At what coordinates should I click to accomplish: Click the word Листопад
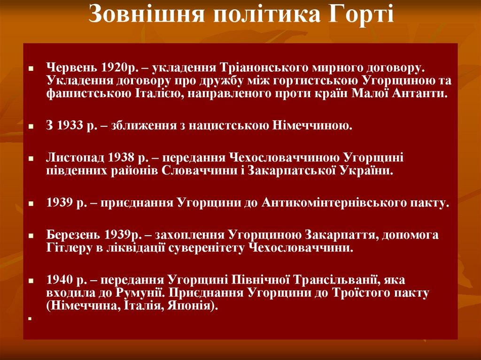(x=76, y=157)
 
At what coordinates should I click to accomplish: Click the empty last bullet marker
(x=29, y=318)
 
